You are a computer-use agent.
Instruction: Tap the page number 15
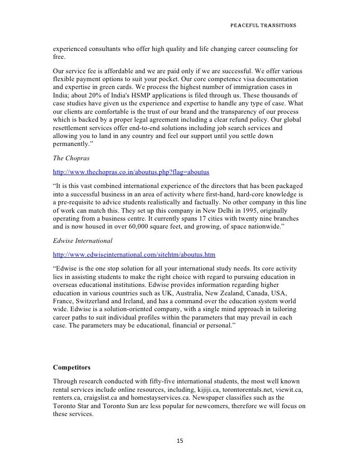180,441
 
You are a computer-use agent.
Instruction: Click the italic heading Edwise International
83,241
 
